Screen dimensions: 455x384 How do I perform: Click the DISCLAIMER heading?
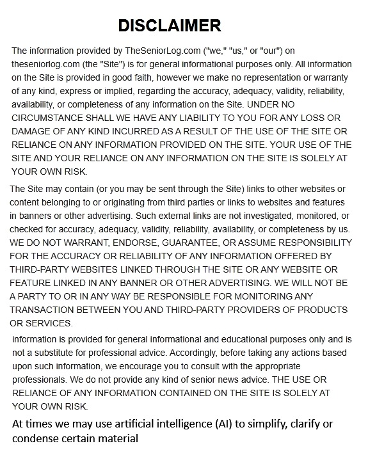(x=170, y=26)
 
